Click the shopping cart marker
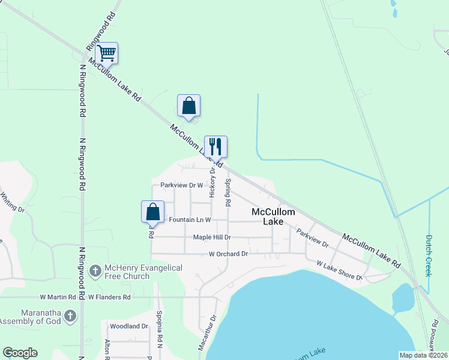point(106,53)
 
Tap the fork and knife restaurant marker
point(215,146)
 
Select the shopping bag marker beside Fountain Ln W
point(152,212)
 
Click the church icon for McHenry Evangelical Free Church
point(95,271)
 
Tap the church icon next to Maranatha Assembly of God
point(70,316)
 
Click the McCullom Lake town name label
point(273,217)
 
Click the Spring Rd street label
point(228,193)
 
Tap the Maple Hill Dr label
point(212,237)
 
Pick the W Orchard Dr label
point(228,254)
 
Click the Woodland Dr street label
point(128,326)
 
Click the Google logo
point(20,353)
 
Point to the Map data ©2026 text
point(423,355)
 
